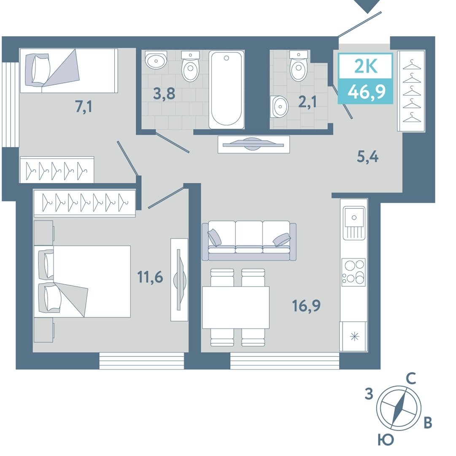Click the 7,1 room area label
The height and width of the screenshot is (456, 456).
tap(84, 107)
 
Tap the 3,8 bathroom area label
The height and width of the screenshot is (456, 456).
tap(165, 94)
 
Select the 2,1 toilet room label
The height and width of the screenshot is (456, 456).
tap(308, 102)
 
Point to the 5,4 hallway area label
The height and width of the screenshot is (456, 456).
tap(367, 157)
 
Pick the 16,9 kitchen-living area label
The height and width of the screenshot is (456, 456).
tap(306, 306)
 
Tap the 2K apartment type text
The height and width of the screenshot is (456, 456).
tap(366, 66)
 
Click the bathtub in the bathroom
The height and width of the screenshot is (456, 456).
tap(227, 90)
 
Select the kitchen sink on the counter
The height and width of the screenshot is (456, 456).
tap(354, 223)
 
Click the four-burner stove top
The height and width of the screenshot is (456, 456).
tap(353, 272)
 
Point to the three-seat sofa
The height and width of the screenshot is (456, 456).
tap(249, 241)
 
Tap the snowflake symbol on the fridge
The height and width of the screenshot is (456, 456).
tap(354, 337)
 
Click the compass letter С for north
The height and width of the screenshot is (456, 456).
tap(410, 379)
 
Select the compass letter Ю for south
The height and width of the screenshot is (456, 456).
tap(386, 439)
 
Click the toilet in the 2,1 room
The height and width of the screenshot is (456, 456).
tap(299, 66)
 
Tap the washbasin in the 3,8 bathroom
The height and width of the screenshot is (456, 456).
tap(156, 60)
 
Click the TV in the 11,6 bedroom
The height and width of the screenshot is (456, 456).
tap(179, 280)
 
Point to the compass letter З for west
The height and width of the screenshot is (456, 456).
tap(369, 394)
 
